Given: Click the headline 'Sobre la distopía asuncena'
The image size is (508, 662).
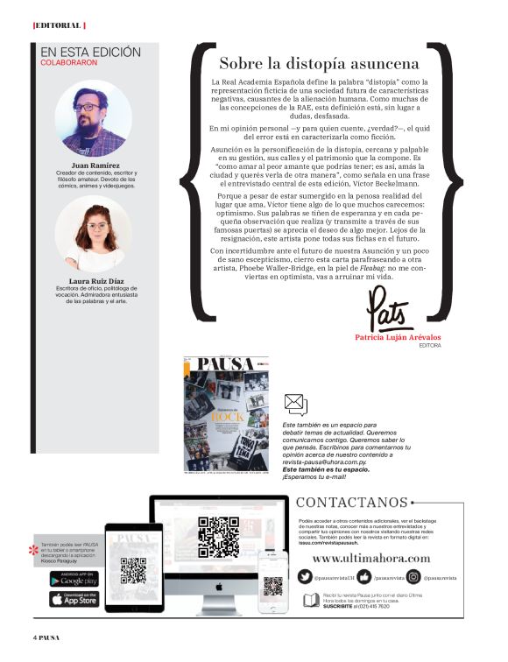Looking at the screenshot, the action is [x=319, y=64].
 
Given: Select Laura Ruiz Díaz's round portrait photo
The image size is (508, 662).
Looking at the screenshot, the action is [x=92, y=232].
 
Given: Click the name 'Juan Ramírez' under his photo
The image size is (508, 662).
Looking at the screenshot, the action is [x=93, y=165].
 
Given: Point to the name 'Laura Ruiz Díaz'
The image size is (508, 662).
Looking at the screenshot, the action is [x=93, y=281].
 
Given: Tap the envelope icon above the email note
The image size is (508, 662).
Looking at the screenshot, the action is [x=296, y=404].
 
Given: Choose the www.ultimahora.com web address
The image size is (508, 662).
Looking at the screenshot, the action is [x=371, y=558].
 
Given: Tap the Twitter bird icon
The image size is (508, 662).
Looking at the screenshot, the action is [x=304, y=578].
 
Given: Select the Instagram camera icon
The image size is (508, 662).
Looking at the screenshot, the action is [x=413, y=578].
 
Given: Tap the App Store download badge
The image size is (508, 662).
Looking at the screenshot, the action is [x=74, y=599].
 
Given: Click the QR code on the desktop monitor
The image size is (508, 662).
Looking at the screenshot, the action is [x=218, y=537].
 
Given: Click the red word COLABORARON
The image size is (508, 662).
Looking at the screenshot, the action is [x=69, y=63].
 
